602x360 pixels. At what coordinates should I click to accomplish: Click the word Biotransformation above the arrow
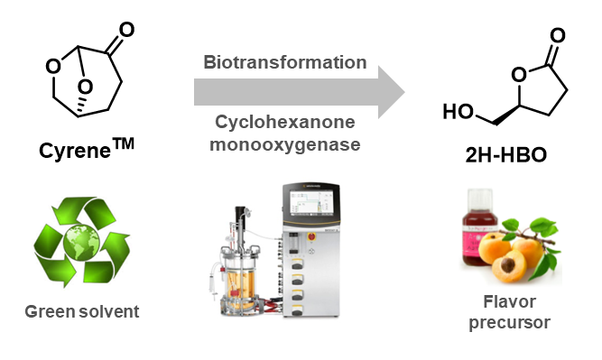(x=285, y=62)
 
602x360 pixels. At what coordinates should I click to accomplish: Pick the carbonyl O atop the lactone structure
(x=557, y=37)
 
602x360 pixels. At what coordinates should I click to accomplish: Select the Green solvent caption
(x=80, y=312)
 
